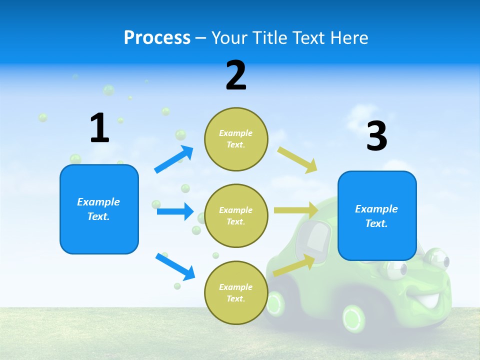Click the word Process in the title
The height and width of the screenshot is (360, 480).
tap(157, 37)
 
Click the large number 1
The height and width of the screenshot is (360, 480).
tap(99, 128)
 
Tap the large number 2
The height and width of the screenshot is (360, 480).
tap(236, 75)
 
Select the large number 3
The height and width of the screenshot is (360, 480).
tap(377, 136)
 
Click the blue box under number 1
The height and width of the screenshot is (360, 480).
tap(99, 209)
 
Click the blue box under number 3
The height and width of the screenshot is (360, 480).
tap(377, 216)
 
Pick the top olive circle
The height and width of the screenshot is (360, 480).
tap(236, 139)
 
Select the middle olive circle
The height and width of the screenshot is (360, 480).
tap(236, 215)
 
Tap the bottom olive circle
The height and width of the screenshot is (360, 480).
tap(236, 292)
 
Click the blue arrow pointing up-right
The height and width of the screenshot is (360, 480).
tap(174, 159)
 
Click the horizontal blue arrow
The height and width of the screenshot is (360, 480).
tap(175, 211)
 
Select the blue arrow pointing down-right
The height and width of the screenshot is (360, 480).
tap(175, 266)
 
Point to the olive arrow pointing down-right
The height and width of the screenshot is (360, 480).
tap(297, 159)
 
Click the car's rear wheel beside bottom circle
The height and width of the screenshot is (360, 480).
tap(274, 302)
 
